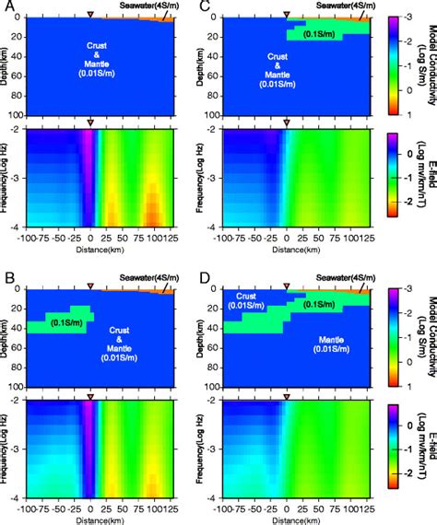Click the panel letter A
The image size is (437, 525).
(x=7, y=6)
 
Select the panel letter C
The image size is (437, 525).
(x=205, y=6)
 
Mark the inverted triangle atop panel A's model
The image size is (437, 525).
(x=89, y=15)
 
